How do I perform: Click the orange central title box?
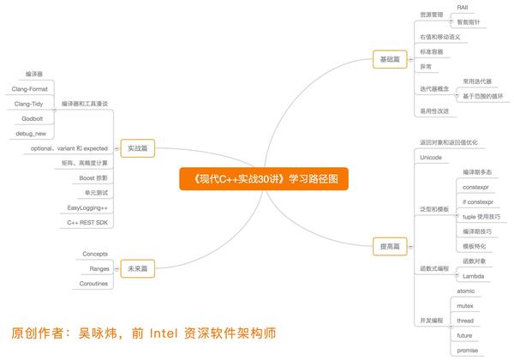[x=264, y=178]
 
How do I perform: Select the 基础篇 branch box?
[x=390, y=59]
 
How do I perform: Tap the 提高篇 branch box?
[x=390, y=246]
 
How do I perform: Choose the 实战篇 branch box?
[x=137, y=148]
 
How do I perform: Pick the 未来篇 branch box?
[x=137, y=268]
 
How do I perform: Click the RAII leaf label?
[x=463, y=7]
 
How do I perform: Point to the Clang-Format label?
[x=29, y=89]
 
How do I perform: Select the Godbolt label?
[x=33, y=118]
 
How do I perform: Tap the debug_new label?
[x=31, y=134]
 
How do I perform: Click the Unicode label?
[x=431, y=158]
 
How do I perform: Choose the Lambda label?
[x=474, y=276]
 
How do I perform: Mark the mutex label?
[x=465, y=306]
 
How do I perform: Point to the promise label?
[x=468, y=351]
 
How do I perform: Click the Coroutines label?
[x=93, y=284]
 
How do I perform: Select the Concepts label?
[x=95, y=254]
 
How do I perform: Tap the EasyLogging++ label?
[x=87, y=208]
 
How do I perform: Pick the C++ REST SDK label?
[x=87, y=223]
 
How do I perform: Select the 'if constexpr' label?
[x=478, y=202]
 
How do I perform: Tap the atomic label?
[x=465, y=291]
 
